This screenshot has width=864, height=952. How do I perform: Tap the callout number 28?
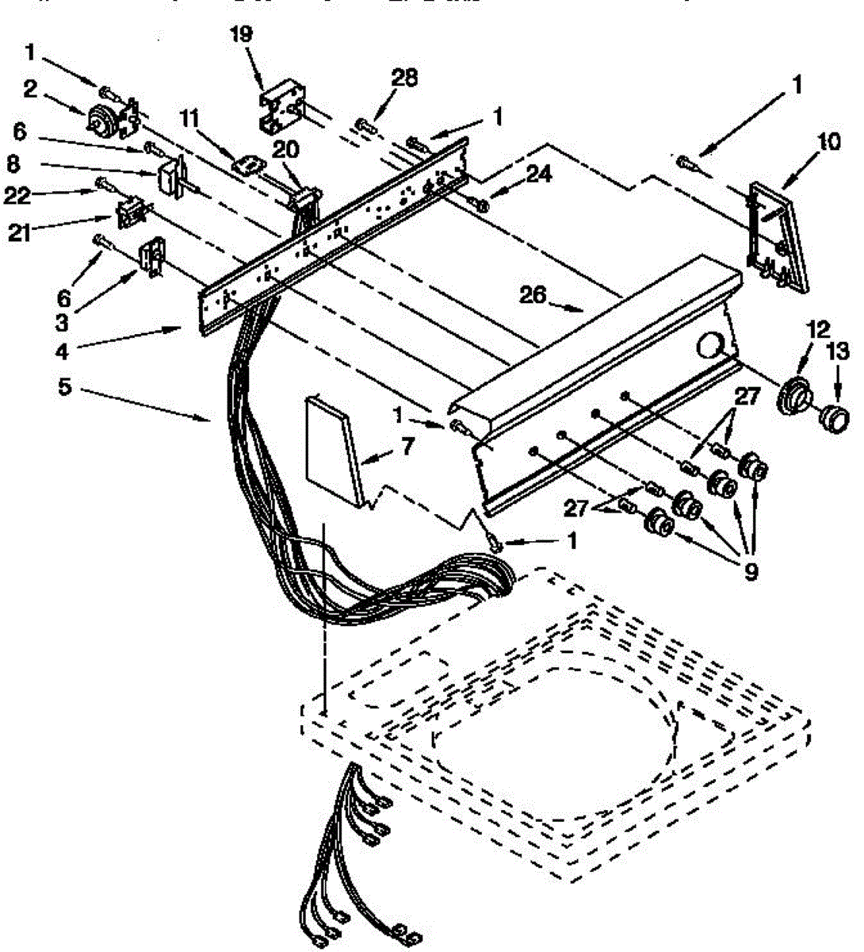pos(404,78)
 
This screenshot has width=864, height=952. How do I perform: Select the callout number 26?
pos(533,295)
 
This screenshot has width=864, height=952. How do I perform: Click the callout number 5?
pos(65,388)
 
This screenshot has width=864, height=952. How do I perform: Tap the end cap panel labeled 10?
pos(774,237)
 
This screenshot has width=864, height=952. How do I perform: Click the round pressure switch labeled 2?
pos(102,120)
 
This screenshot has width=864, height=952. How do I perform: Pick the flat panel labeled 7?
pos(335,449)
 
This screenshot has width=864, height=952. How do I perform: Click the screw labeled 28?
pos(365,125)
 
